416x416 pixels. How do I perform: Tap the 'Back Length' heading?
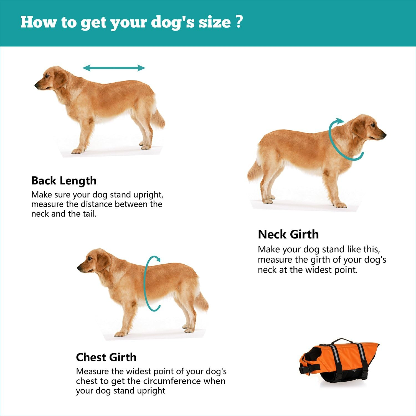tap(64, 181)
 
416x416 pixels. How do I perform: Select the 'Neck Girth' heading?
tap(288, 234)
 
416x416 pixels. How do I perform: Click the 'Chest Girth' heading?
tap(106, 357)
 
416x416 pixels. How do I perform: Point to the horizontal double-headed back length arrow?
tap(114, 68)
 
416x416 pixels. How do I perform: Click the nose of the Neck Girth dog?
tap(384, 135)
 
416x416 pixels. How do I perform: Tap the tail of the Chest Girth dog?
tap(202, 302)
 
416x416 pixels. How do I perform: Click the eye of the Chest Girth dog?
tap(90, 259)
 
